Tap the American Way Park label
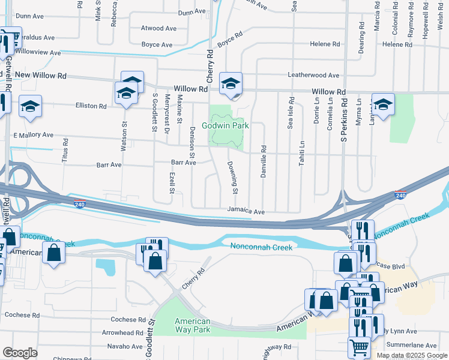(193, 325)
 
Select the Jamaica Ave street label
(246, 212)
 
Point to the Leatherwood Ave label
(313, 76)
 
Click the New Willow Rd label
(41, 76)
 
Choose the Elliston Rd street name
(91, 106)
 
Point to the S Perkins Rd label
(345, 120)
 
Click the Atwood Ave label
(158, 28)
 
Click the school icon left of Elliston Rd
(30, 106)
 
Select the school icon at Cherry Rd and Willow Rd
(230, 84)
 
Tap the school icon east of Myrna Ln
(383, 104)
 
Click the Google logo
(20, 353)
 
